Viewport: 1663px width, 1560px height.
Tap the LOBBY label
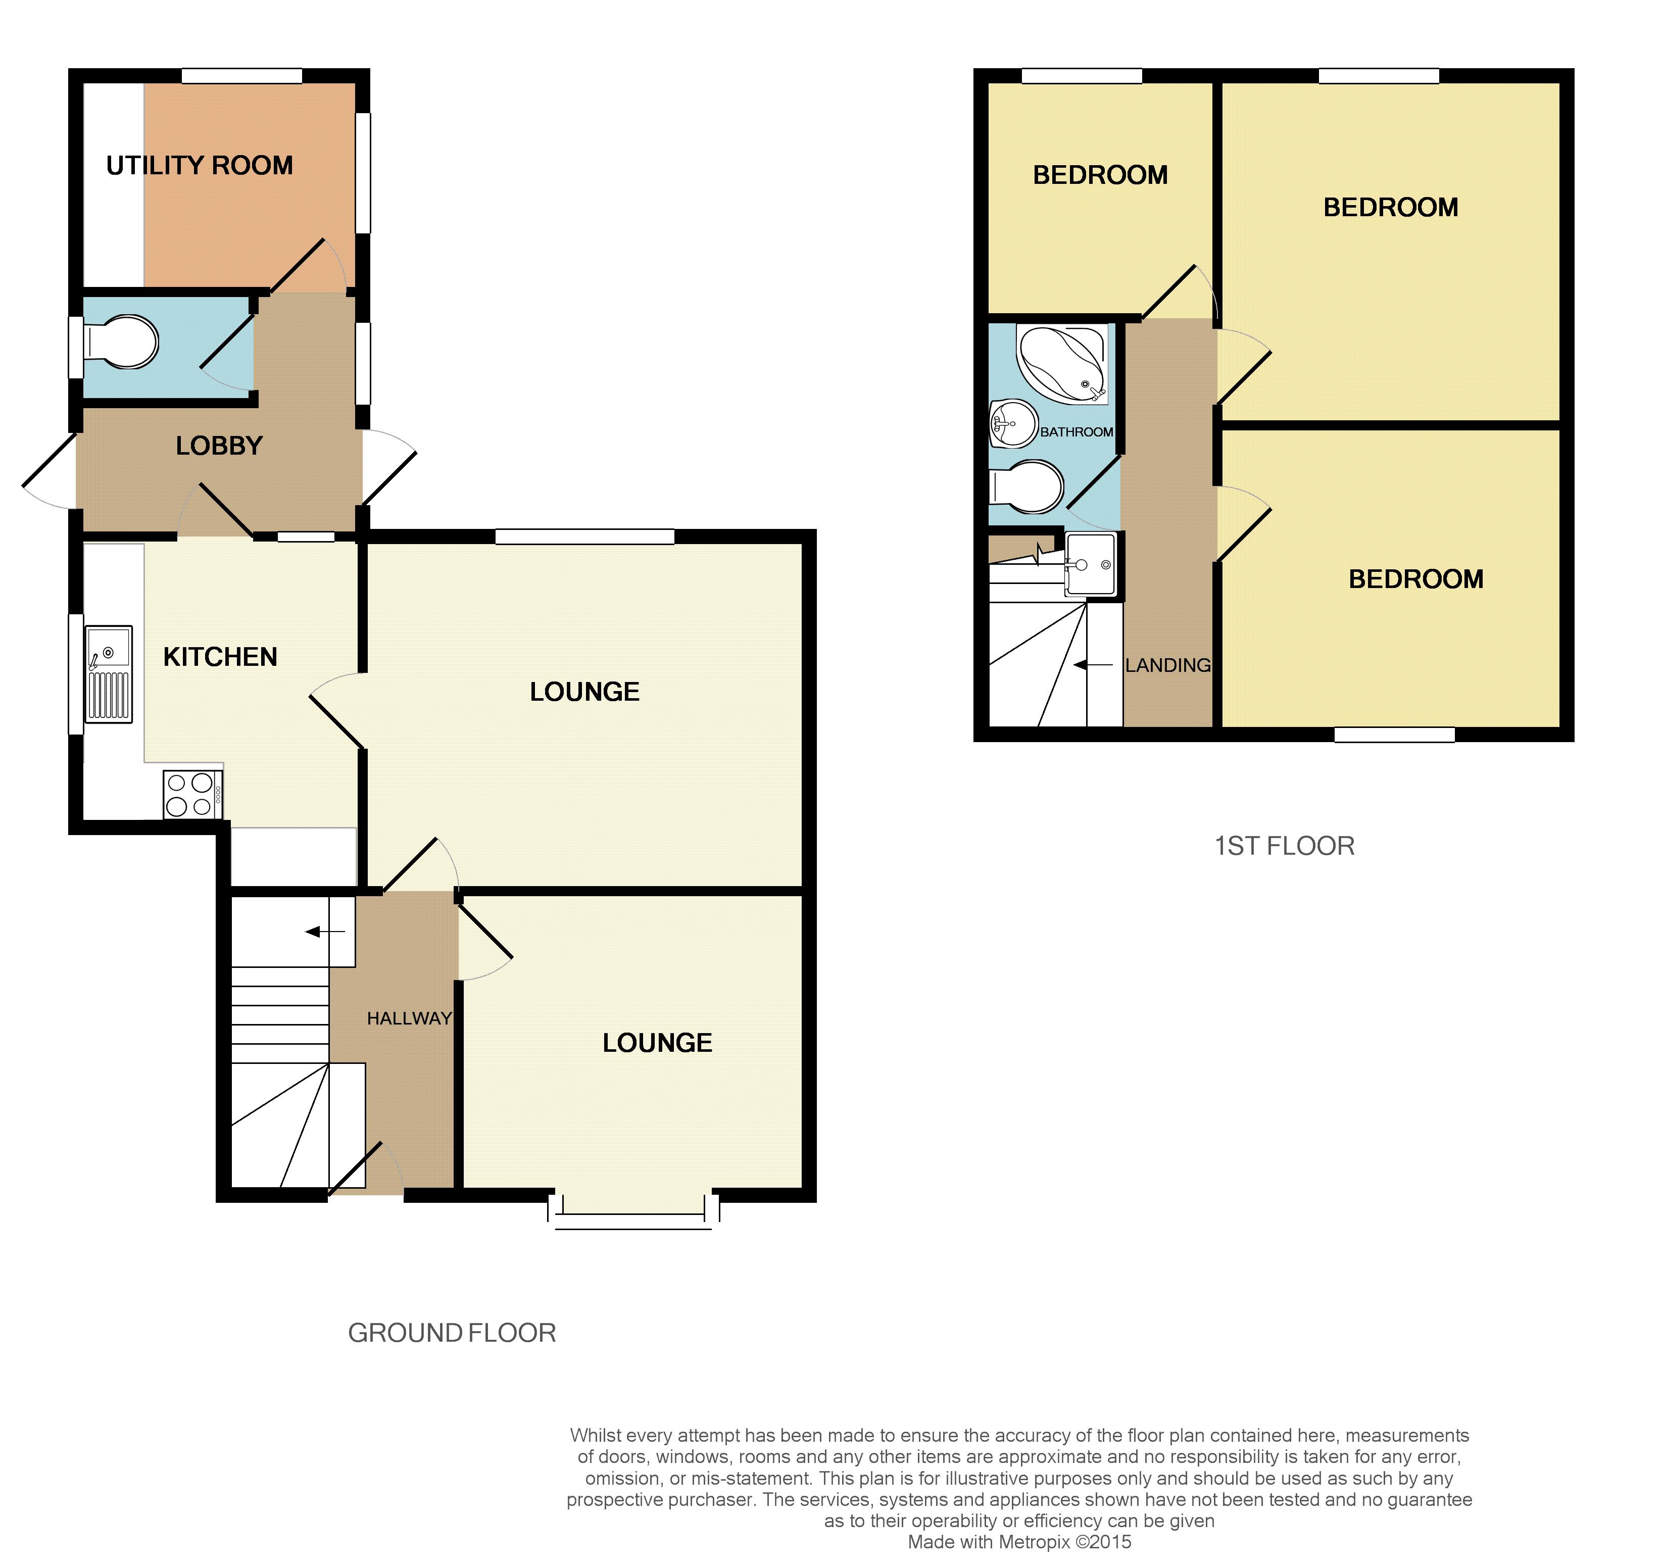pyautogui.click(x=219, y=446)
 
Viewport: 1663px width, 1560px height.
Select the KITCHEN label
pyautogui.click(x=220, y=657)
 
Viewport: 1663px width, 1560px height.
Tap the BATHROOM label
pyautogui.click(x=1077, y=431)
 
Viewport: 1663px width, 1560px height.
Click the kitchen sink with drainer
pyautogui.click(x=109, y=673)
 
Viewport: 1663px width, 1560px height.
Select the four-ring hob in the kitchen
pyautogui.click(x=192, y=794)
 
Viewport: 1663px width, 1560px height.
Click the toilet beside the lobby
pyautogui.click(x=121, y=342)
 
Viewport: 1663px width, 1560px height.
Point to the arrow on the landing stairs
pyautogui.click(x=1093, y=665)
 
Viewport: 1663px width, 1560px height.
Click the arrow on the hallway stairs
pyautogui.click(x=325, y=931)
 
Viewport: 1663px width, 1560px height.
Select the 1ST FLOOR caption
pyautogui.click(x=1284, y=846)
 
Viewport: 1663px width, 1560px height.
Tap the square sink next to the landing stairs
pyautogui.click(x=1090, y=565)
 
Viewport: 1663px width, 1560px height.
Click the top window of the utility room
pyautogui.click(x=242, y=75)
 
